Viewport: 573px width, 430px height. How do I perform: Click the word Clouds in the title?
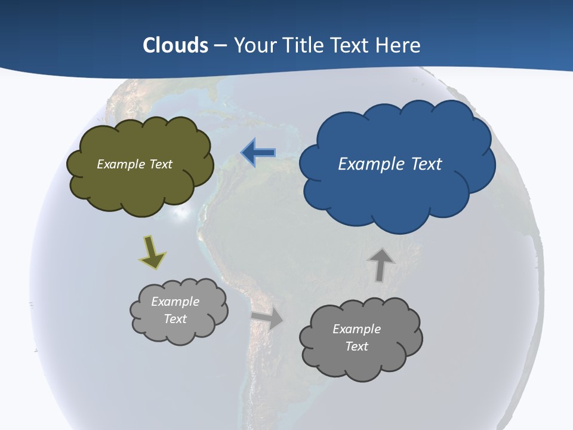click(x=175, y=45)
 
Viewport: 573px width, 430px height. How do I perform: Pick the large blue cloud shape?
click(x=397, y=191)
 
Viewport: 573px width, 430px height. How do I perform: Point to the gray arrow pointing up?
click(x=381, y=264)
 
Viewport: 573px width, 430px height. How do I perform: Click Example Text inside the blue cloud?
click(x=390, y=164)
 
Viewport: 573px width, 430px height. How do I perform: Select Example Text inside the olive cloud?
click(x=134, y=164)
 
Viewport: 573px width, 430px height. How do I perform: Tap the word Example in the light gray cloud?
click(x=175, y=302)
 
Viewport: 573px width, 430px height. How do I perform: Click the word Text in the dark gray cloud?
click(x=356, y=346)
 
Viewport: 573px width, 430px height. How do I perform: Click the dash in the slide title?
click(x=220, y=45)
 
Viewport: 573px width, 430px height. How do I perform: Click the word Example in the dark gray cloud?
click(x=356, y=329)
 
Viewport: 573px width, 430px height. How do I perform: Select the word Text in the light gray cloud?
click(x=175, y=319)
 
